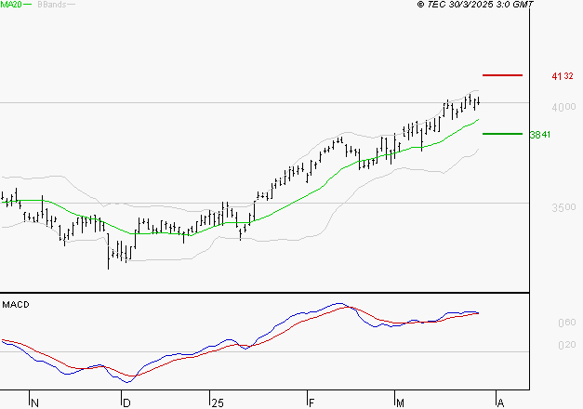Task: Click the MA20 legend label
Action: click(x=12, y=5)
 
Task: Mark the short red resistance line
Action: click(x=502, y=74)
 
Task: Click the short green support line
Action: click(x=502, y=134)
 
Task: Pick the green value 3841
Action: click(x=540, y=135)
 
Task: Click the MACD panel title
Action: click(x=15, y=305)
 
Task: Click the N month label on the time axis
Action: click(x=35, y=402)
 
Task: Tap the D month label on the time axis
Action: click(x=127, y=402)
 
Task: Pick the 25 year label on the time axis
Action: click(x=217, y=402)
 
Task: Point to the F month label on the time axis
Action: click(x=311, y=402)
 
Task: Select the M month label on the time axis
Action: click(x=400, y=402)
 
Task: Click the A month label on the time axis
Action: click(x=499, y=402)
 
